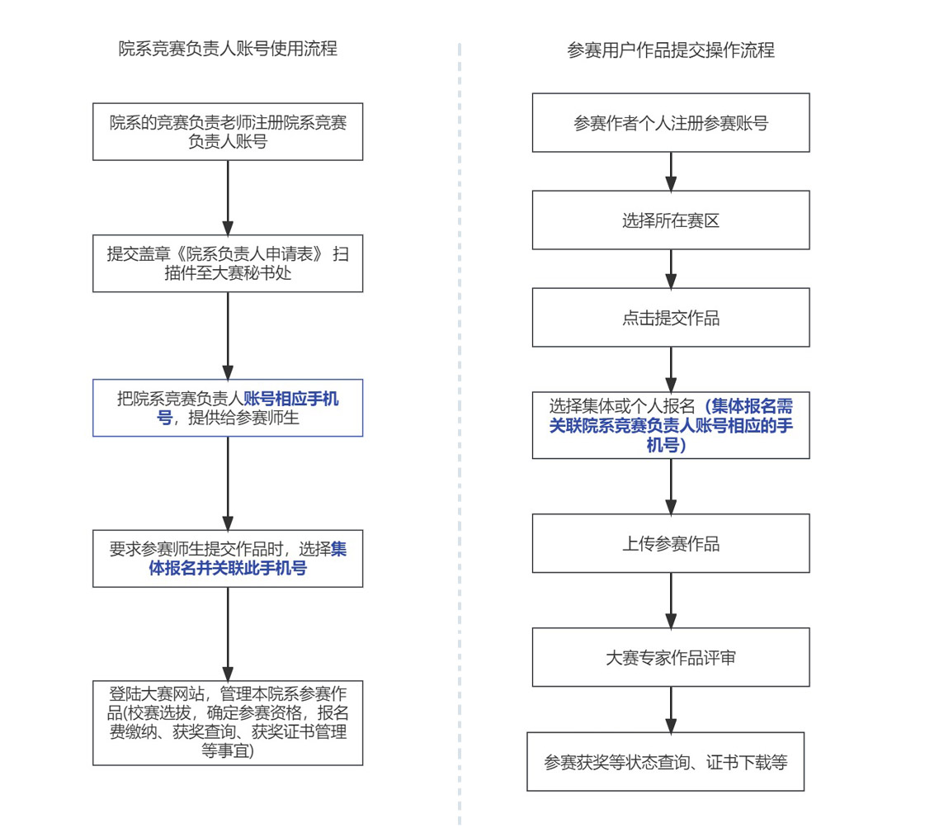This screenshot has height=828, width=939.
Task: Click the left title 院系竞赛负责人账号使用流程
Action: pos(228,49)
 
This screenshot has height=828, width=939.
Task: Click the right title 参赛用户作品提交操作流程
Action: pos(670,50)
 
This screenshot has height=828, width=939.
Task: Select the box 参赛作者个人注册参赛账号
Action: pos(670,123)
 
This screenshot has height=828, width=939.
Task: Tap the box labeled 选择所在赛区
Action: pos(670,220)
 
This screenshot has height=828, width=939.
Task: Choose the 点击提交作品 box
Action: pos(670,318)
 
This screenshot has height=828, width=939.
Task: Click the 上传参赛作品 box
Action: pos(670,543)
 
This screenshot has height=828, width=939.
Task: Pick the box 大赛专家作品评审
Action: pos(670,657)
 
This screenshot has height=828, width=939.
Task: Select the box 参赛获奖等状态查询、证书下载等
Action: pos(665,761)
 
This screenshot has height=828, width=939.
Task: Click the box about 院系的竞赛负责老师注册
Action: pos(228,132)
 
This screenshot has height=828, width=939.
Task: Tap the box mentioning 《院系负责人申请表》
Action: pos(228,263)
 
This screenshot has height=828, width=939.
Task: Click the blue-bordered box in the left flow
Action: pos(228,409)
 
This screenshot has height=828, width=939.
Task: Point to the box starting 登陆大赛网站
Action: pos(228,722)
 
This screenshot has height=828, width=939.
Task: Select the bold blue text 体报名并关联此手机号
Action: pos(228,569)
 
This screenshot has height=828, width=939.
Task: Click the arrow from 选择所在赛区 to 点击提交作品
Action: pos(670,268)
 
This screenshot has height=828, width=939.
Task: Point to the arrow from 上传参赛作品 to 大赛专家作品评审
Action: pos(670,600)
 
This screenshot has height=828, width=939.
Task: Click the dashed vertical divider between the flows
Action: pos(460,413)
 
